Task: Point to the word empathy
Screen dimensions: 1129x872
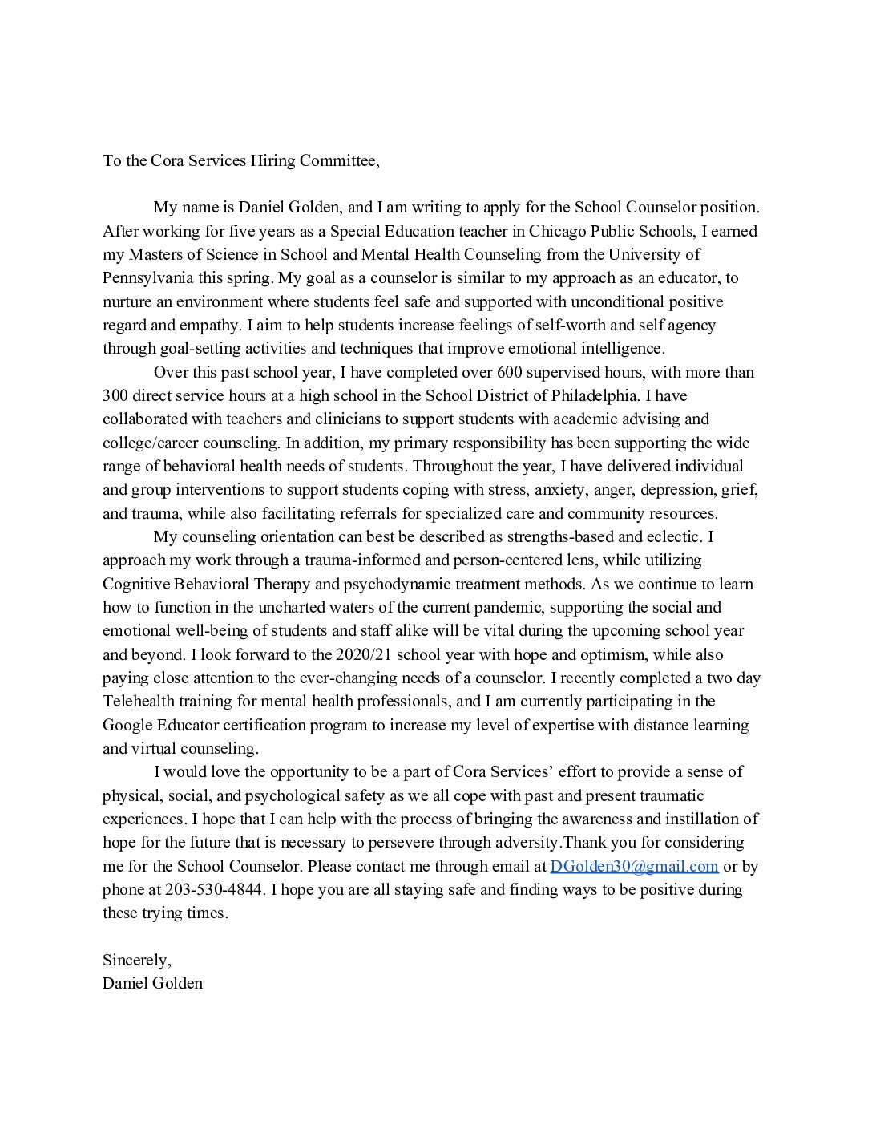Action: (x=215, y=325)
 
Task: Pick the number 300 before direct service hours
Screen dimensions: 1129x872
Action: (x=117, y=395)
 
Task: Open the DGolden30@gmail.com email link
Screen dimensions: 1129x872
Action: (x=634, y=866)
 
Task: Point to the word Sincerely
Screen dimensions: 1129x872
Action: (x=136, y=960)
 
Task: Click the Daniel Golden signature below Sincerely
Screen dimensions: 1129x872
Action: (x=152, y=983)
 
